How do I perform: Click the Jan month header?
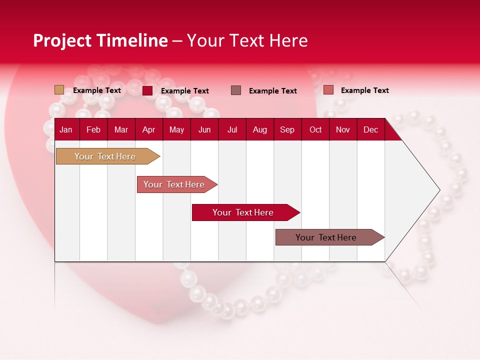(66, 129)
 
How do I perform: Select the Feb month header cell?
(93, 129)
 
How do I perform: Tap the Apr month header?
(148, 129)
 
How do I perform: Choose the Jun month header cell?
(204, 129)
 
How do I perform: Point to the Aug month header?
(259, 129)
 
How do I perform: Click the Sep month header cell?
(287, 129)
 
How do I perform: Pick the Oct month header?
(315, 129)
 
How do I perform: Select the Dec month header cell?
(370, 129)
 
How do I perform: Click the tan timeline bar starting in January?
(105, 156)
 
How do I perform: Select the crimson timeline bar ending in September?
(243, 212)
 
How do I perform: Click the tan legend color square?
(59, 90)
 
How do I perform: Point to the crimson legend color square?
(147, 90)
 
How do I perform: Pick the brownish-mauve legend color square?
(236, 90)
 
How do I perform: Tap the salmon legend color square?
(328, 90)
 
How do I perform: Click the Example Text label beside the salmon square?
(364, 90)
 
